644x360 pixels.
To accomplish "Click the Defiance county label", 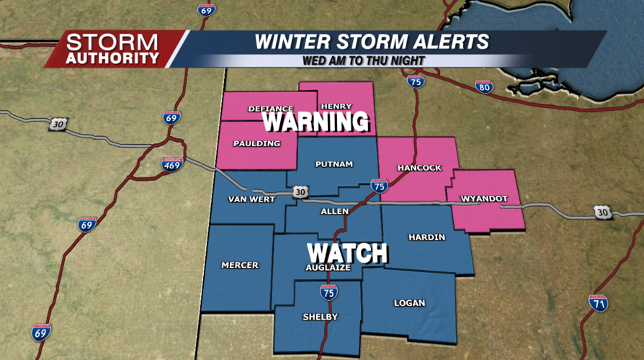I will [x=271, y=109].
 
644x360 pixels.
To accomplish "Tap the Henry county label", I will [x=336, y=106].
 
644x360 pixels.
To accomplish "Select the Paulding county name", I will [x=256, y=143].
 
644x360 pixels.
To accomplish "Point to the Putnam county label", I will [x=334, y=164].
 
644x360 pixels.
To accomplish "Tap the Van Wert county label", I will [x=252, y=199].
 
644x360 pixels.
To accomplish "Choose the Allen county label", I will [x=335, y=211].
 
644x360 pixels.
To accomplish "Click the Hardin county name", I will [x=426, y=237].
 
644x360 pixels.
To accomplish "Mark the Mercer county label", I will [x=240, y=265].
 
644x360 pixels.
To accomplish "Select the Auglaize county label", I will [x=328, y=267].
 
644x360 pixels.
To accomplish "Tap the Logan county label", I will [x=409, y=303].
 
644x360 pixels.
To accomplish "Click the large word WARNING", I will [x=316, y=122].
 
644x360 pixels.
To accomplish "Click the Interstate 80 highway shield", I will [x=484, y=87].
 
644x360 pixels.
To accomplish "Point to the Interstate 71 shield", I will [x=598, y=303].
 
